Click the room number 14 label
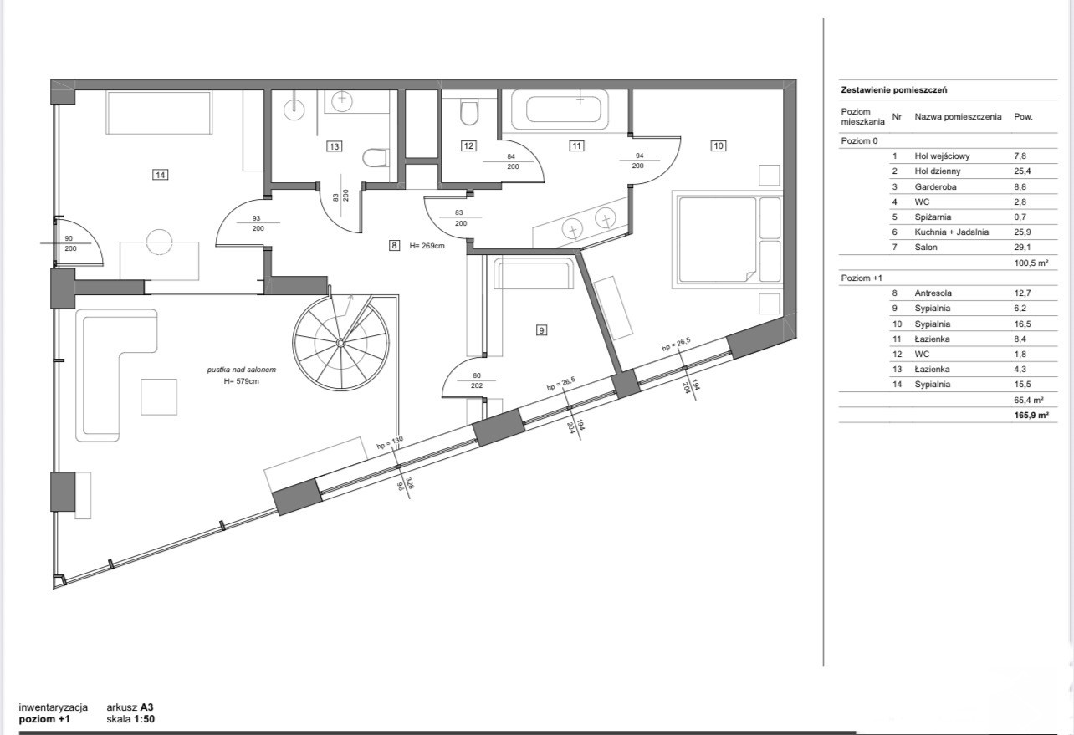160,175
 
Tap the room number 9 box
541,330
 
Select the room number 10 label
719,145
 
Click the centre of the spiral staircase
340,342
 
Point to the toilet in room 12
469,112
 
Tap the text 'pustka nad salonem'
242,370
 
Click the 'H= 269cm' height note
427,246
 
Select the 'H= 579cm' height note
241,381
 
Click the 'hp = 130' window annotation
391,442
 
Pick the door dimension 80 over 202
477,380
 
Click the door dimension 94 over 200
639,161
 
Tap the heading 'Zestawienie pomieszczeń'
893,90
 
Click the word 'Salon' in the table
925,248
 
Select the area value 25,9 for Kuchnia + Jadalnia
1022,232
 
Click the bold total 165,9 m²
1031,416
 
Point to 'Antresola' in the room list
933,293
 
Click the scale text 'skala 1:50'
130,719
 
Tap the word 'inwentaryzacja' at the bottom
54,707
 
